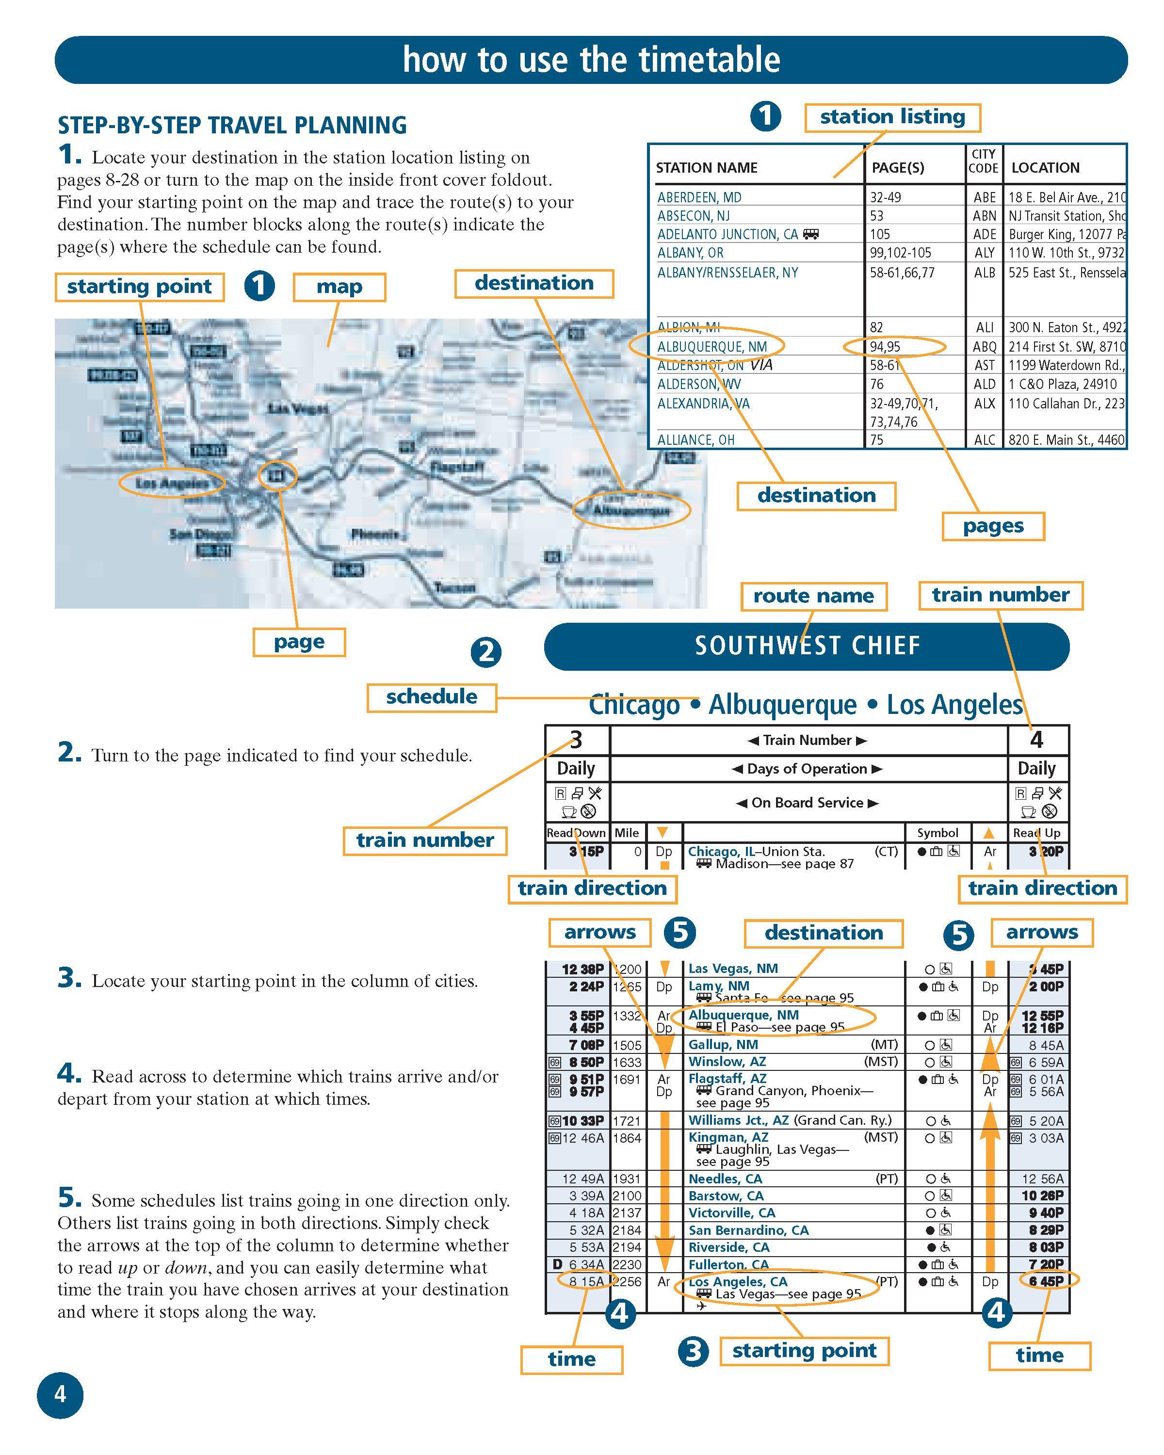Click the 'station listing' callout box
pos(891,117)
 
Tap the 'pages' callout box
pos(993,526)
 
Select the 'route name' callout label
pos(813,597)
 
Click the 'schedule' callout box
pos(431,697)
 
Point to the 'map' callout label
pos(339,287)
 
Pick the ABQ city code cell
pos(984,347)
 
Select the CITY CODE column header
pos(983,162)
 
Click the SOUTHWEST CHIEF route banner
pos(807,646)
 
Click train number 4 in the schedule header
pos(1036,740)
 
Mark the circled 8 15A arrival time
pos(585,1281)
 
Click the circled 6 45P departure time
pos(1047,1281)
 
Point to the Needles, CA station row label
pos(725,1179)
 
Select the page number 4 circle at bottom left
pos(60,1394)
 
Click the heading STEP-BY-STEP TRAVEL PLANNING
pos(232,126)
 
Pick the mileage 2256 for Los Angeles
pos(627,1281)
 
